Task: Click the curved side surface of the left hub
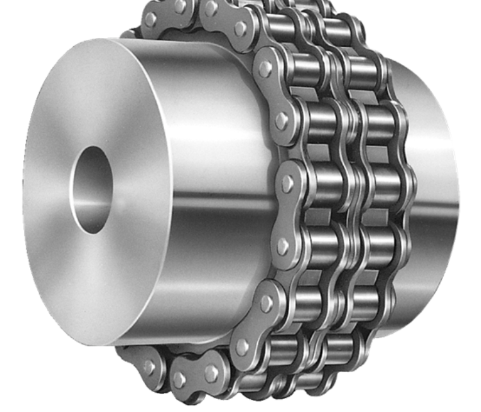212,128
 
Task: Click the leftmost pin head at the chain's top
150,19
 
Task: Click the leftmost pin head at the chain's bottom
149,368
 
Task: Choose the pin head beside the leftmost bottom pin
180,379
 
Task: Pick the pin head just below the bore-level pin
282,245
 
